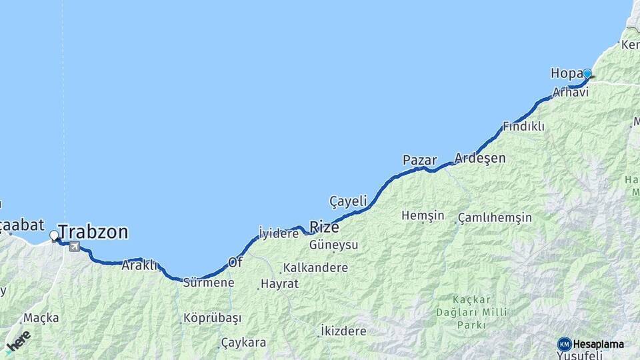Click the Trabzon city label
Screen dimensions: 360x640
click(x=93, y=232)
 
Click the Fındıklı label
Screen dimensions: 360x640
click(x=523, y=126)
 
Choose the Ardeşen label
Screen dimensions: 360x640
click(x=480, y=159)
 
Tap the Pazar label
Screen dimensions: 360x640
click(x=419, y=160)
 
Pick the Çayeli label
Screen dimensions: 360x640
click(x=348, y=201)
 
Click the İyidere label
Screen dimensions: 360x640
click(x=278, y=233)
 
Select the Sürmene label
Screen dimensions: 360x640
click(x=209, y=283)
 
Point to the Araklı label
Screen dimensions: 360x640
click(x=139, y=265)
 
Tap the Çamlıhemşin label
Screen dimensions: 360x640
click(x=495, y=218)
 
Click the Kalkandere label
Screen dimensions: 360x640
click(x=315, y=268)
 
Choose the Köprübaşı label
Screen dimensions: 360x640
click(x=212, y=318)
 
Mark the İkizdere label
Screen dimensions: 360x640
click(x=343, y=331)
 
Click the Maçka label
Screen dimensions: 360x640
click(x=41, y=318)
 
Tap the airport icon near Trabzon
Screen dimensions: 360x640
click(x=73, y=247)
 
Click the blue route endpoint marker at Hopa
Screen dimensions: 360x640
click(x=587, y=74)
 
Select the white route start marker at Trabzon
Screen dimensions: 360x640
click(x=54, y=235)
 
